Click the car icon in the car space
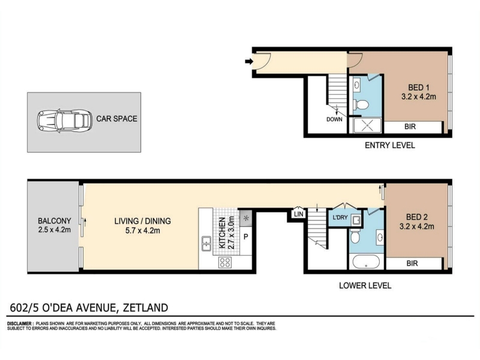[x=65, y=121]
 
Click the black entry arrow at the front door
[x=249, y=62]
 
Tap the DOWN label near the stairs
[x=334, y=119]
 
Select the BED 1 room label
[x=416, y=88]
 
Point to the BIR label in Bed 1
[x=410, y=127]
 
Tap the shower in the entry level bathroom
[x=368, y=125]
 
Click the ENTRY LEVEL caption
[x=389, y=145]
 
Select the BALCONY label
[x=55, y=221]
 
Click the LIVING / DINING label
[x=143, y=221]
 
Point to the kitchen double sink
[x=206, y=244]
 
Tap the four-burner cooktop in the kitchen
[x=225, y=262]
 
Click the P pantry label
[x=245, y=236]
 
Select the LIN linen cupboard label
[x=298, y=214]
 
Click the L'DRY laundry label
[x=340, y=217]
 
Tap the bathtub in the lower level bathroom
[x=366, y=262]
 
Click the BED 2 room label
[x=417, y=217]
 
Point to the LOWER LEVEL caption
[x=365, y=286]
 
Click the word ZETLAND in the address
[x=145, y=307]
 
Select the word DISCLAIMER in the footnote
[x=19, y=323]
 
